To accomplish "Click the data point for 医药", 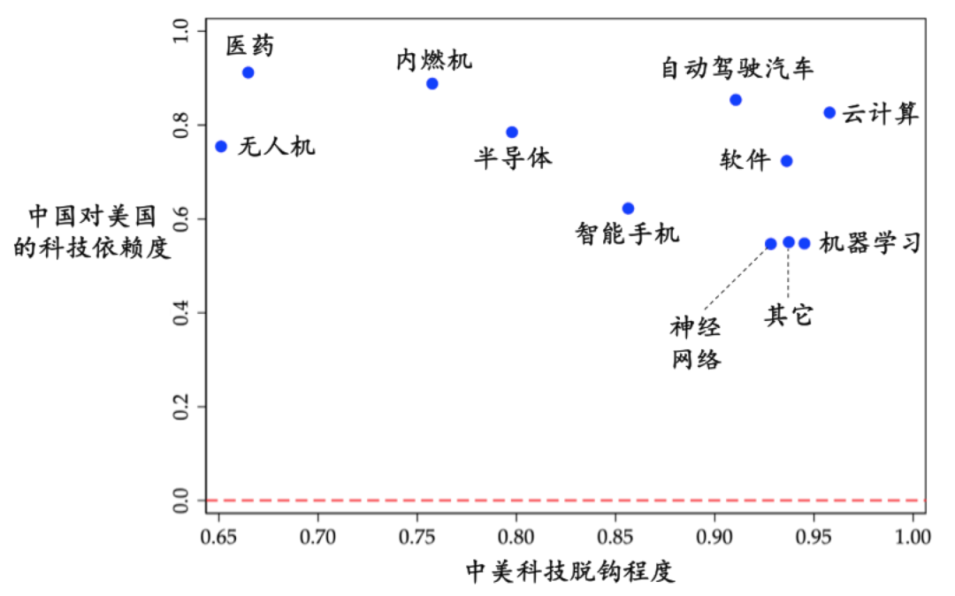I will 248,73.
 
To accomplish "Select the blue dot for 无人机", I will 221,146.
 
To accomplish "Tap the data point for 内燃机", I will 432,84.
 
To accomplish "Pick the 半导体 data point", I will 512,133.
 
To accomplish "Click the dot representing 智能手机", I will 628,209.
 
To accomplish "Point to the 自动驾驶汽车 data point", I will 736,100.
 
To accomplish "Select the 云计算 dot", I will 829,112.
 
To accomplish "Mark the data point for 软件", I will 787,161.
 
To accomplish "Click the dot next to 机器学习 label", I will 805,243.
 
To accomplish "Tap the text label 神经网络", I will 696,344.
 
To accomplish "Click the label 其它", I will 788,316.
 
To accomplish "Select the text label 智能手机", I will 627,234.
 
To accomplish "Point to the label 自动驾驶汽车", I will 737,68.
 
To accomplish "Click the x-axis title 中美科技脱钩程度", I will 570,572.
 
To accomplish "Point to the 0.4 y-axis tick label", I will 181,313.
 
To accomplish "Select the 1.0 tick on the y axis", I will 181,32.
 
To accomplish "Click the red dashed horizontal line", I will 566,500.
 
